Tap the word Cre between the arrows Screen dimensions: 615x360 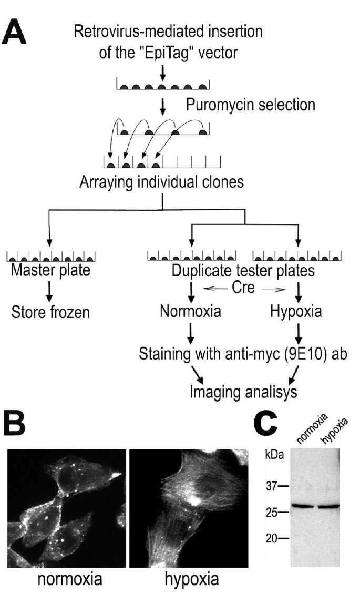point(244,288)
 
